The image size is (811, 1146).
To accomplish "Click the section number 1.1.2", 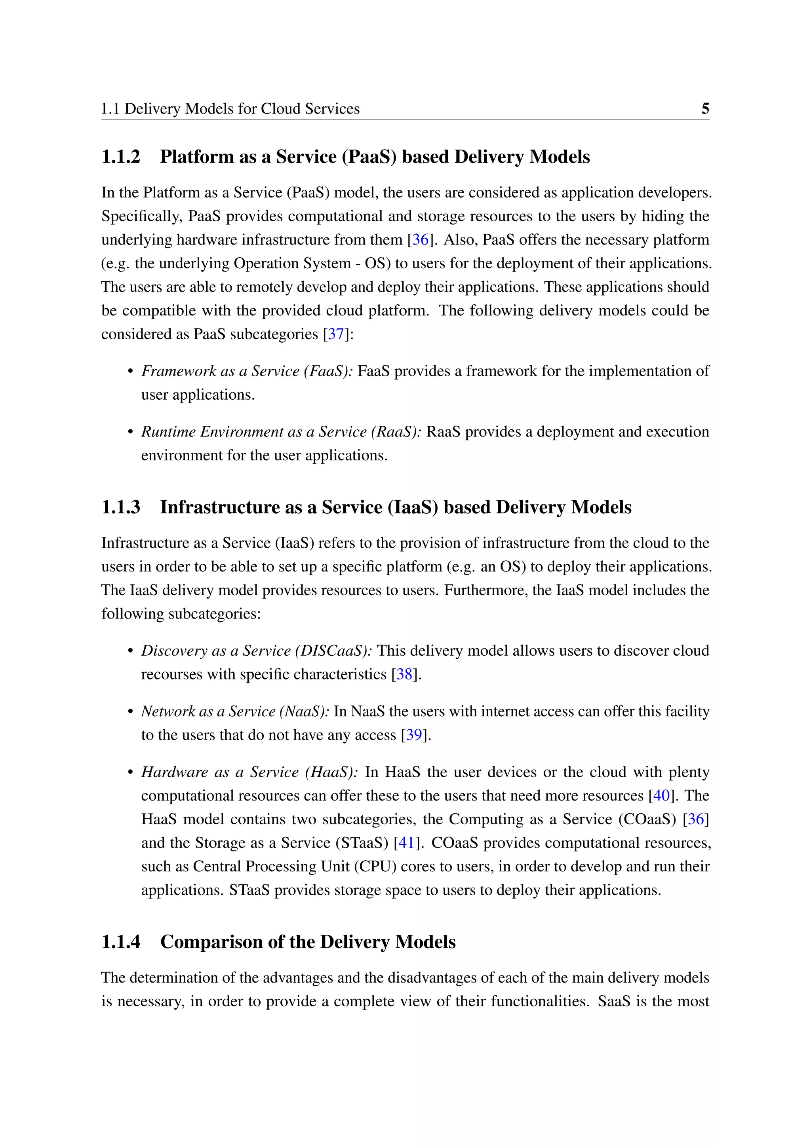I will pyautogui.click(x=121, y=157).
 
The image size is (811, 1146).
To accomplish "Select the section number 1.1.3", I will pyautogui.click(x=121, y=507).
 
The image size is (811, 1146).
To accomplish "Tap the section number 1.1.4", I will pyautogui.click(x=121, y=942).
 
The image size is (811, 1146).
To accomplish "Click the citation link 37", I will pyautogui.click(x=335, y=334).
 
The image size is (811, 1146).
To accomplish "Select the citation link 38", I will pyautogui.click(x=404, y=674).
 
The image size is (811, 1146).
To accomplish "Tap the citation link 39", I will pyautogui.click(x=413, y=735).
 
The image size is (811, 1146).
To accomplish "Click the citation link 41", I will pyautogui.click(x=406, y=843).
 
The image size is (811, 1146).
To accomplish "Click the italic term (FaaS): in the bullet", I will pyautogui.click(x=329, y=371).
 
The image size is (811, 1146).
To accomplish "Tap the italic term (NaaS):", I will pyautogui.click(x=304, y=711).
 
